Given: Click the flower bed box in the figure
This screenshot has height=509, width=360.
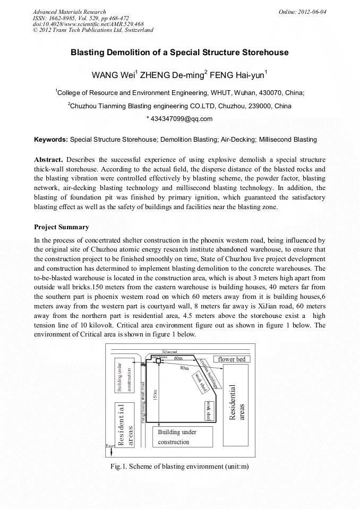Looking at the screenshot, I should (x=232, y=359).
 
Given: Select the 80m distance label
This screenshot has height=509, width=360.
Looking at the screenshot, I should (x=184, y=368).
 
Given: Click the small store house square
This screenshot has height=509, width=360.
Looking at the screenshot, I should (x=158, y=361).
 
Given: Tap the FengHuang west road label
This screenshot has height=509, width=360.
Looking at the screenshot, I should (x=143, y=401).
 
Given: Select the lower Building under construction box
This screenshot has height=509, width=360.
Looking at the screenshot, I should (x=182, y=437).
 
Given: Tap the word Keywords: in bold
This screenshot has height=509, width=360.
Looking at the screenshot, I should (x=51, y=140).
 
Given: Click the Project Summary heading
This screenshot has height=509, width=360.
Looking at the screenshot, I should (x=62, y=227).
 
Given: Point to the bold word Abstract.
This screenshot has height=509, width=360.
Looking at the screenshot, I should (x=48, y=160).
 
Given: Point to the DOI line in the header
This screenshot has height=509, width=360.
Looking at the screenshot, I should (x=88, y=24).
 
